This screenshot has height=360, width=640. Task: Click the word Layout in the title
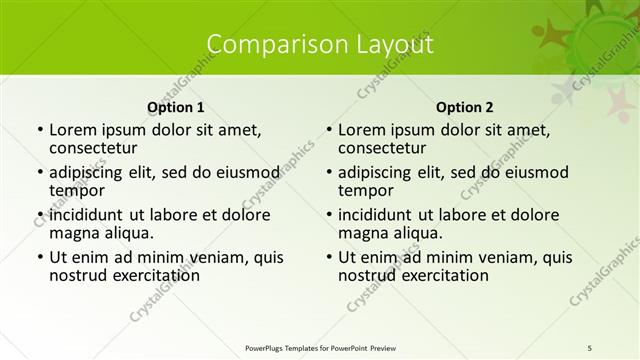point(388,45)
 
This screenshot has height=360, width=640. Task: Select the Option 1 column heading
point(176,107)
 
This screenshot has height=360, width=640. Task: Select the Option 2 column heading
point(465,107)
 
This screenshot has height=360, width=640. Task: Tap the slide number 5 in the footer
point(590,347)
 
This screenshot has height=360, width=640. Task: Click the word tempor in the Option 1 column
point(77,190)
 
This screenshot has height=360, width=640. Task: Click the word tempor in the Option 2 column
point(366,190)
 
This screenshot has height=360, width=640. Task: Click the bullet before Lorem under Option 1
point(39,130)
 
